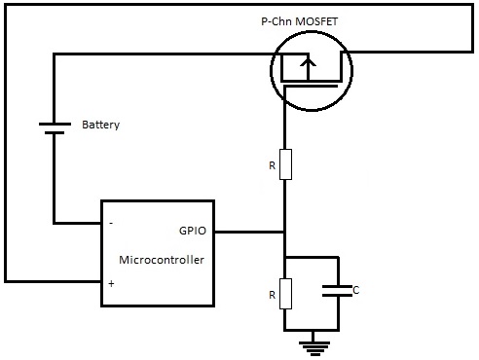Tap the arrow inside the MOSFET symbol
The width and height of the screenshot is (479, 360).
pyautogui.click(x=309, y=65)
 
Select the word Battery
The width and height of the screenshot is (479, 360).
pyautogui.click(x=101, y=126)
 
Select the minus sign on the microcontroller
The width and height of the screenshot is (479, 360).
pyautogui.click(x=110, y=223)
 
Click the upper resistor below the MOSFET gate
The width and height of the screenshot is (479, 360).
pyautogui.click(x=284, y=164)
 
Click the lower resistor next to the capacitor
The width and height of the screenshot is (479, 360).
pyautogui.click(x=284, y=292)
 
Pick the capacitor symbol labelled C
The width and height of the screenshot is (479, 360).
pyautogui.click(x=337, y=290)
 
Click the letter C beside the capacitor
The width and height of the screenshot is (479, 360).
pyautogui.click(x=355, y=290)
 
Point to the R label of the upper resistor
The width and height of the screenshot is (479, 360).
pyautogui.click(x=271, y=165)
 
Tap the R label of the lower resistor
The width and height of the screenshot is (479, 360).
pyautogui.click(x=271, y=292)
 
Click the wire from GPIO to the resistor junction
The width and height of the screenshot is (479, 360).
pyautogui.click(x=249, y=233)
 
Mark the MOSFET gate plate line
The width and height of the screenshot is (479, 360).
pyautogui.click(x=309, y=90)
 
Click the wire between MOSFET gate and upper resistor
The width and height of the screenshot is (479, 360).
pyautogui.click(x=284, y=122)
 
